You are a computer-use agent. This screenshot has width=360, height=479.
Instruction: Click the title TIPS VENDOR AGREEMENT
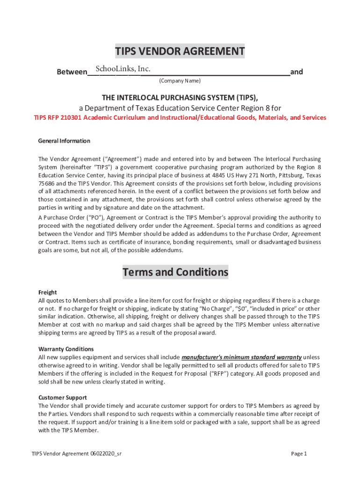click(180, 51)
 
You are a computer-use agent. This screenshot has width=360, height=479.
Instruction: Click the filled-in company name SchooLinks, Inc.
click(122, 69)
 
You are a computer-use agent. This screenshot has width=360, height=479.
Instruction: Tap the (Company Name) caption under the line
click(180, 81)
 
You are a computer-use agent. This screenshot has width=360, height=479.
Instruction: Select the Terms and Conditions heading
click(175, 272)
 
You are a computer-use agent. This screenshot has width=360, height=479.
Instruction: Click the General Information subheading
click(64, 141)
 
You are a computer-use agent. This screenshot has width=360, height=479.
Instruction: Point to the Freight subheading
click(47, 292)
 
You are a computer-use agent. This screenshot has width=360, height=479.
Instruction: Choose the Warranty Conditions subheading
click(66, 349)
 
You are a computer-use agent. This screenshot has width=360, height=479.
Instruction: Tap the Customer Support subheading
click(62, 398)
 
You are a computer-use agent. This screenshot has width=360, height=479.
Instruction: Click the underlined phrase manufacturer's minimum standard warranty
click(241, 357)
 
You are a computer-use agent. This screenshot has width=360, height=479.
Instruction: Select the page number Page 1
click(299, 454)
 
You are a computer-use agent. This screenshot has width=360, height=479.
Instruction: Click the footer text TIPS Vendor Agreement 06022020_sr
click(77, 454)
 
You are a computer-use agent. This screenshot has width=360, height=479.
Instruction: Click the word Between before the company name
click(72, 73)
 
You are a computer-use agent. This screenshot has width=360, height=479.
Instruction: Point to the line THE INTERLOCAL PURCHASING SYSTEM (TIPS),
click(180, 97)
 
